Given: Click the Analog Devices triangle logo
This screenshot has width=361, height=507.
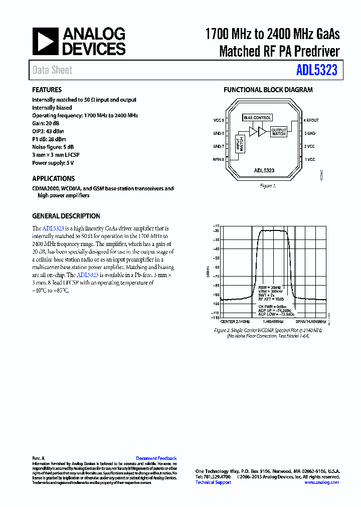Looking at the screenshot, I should coord(45,41).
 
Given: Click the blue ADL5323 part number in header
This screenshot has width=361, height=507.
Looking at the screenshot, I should coord(316,71).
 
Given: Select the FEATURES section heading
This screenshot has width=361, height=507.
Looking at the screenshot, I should coord(47,90).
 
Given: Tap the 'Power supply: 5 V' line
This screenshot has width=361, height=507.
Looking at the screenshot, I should coord(53,163).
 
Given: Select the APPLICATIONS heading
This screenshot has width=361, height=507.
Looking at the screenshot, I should coord(53,178).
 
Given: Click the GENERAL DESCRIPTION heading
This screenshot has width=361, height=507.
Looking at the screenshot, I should coord(66,216).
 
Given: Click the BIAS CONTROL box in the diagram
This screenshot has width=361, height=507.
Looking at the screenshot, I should coord(258,118).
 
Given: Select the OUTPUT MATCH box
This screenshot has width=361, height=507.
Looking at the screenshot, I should coord(279,132).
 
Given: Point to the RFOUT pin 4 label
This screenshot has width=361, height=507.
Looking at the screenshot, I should coord(311,121).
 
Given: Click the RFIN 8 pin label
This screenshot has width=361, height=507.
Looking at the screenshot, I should coord(219,159).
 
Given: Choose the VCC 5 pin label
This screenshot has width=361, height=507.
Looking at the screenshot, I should coord(219,121).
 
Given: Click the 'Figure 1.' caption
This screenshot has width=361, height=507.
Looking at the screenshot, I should coord(268,186).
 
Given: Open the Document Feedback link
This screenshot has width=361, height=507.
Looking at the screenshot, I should coord(156,458).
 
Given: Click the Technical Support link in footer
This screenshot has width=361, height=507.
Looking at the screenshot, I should coord(213,482).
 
